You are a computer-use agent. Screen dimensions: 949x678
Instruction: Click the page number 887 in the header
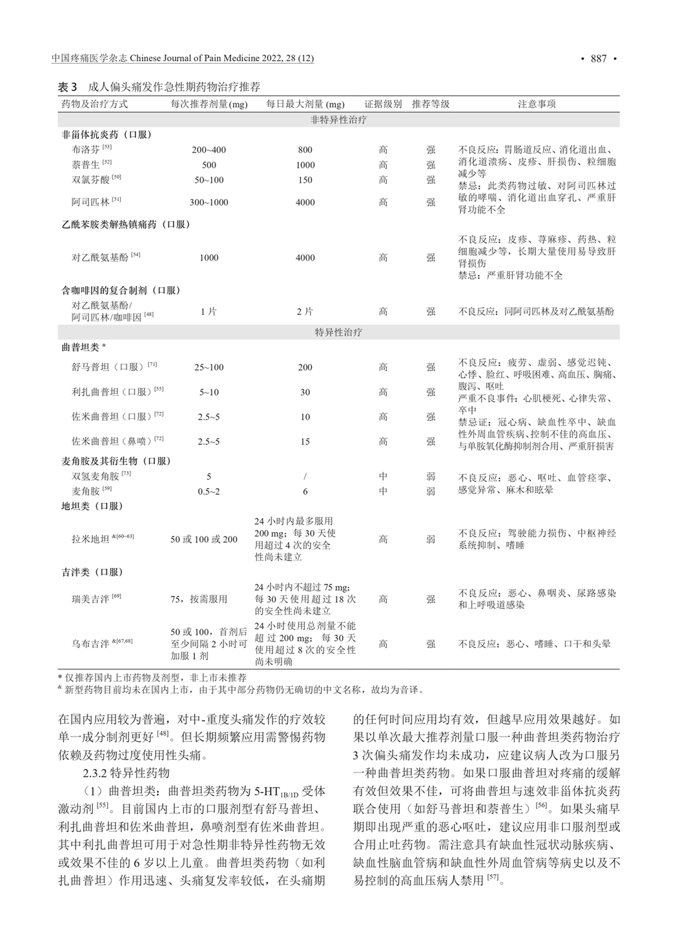(x=598, y=59)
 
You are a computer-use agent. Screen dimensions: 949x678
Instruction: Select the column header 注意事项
(x=536, y=104)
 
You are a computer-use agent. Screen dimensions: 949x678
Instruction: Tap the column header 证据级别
(x=383, y=104)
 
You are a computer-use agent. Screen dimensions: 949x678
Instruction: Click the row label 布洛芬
(x=86, y=150)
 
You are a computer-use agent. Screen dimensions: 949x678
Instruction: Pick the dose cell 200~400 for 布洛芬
(x=209, y=150)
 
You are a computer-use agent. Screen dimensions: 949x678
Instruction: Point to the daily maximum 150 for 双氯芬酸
(x=305, y=180)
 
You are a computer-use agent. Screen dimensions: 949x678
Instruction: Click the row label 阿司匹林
(x=90, y=202)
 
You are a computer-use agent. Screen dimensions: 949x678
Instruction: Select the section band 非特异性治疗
(x=338, y=120)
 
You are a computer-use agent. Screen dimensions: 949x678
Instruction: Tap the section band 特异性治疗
(x=338, y=332)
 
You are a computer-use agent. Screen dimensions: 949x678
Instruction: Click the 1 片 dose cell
(x=209, y=311)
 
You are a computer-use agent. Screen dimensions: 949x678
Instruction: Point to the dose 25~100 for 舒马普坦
(x=209, y=367)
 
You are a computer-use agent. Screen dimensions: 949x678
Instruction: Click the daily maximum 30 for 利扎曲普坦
(x=305, y=392)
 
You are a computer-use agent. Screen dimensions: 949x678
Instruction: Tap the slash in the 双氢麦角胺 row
(x=305, y=476)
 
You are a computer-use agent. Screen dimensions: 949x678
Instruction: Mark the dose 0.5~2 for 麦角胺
(x=209, y=491)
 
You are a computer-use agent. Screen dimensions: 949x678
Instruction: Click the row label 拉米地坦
(x=90, y=539)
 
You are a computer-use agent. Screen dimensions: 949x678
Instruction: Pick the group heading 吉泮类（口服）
(x=92, y=572)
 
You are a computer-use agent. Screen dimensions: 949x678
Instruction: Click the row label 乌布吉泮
(x=90, y=644)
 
